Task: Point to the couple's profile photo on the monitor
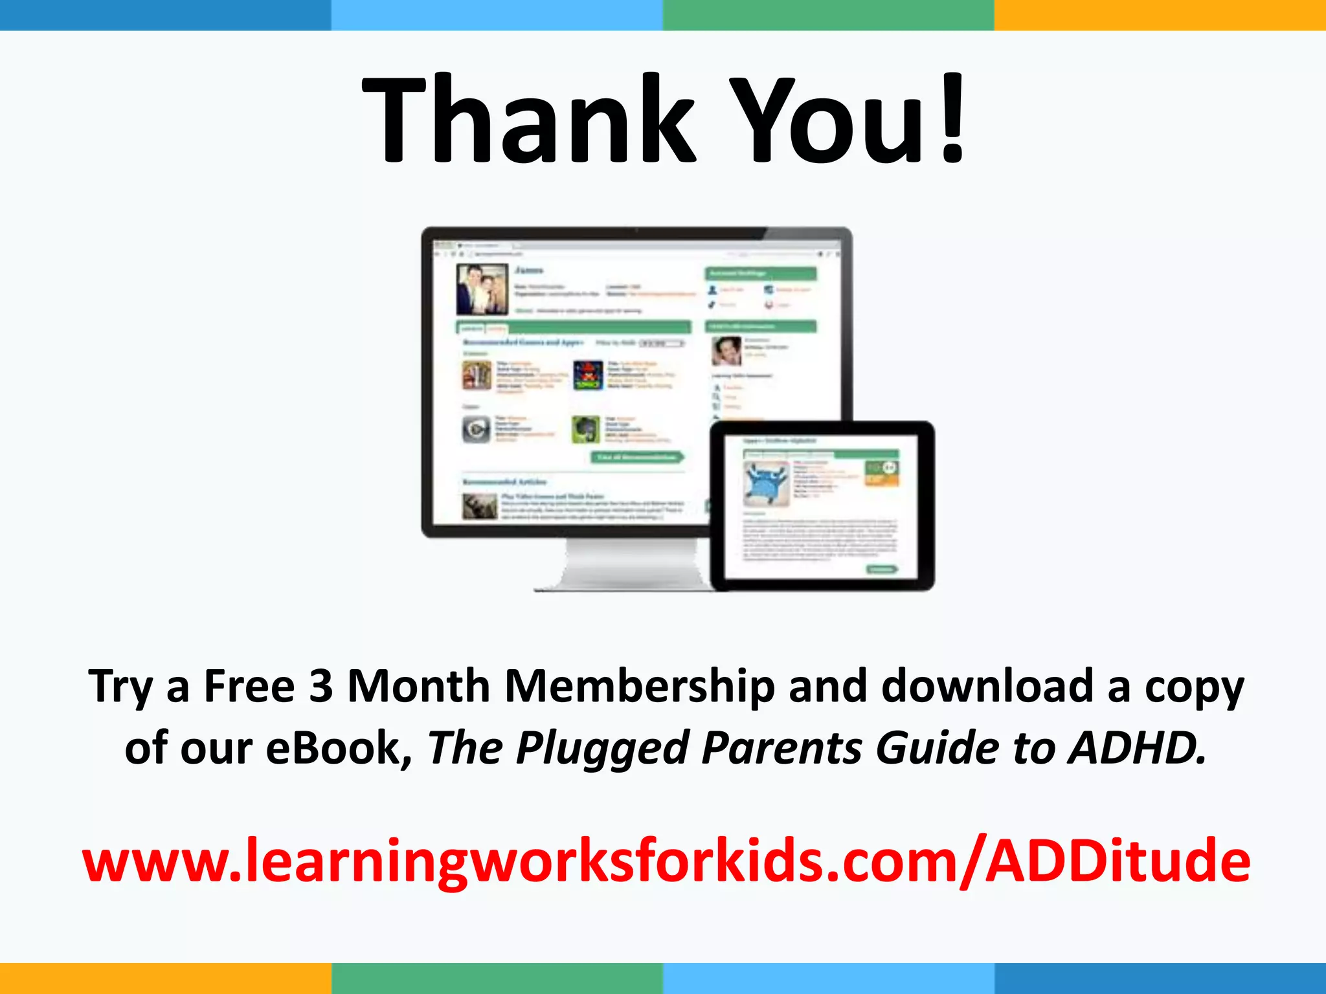(482, 289)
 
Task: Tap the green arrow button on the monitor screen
(638, 458)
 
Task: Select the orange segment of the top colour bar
(1160, 15)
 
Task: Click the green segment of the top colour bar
(828, 15)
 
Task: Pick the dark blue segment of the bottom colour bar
(1160, 978)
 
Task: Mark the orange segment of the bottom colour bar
(165, 978)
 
